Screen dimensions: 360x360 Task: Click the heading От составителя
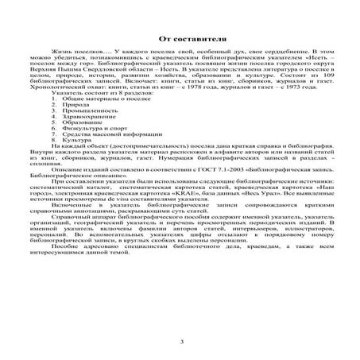pyautogui.click(x=180, y=39)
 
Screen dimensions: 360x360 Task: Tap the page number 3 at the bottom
pyautogui.click(x=181, y=342)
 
